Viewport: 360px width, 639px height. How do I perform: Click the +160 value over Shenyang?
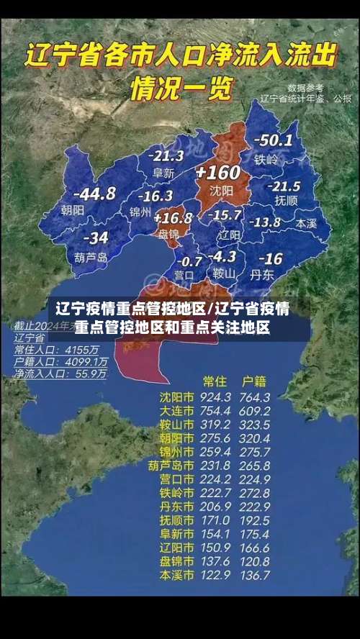pyautogui.click(x=217, y=173)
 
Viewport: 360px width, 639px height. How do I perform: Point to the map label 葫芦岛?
pyautogui.click(x=91, y=256)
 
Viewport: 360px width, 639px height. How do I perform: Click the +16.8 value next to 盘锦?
pyautogui.click(x=173, y=217)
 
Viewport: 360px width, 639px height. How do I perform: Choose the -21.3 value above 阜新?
pyautogui.click(x=166, y=155)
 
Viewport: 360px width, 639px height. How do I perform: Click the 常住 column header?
pyautogui.click(x=215, y=380)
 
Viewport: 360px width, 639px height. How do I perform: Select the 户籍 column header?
pyautogui.click(x=254, y=380)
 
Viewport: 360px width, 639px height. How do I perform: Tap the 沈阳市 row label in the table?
pyautogui.click(x=176, y=397)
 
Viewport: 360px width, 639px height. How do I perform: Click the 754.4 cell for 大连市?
pyautogui.click(x=216, y=411)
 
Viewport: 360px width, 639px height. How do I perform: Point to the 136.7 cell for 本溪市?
pyautogui.click(x=256, y=576)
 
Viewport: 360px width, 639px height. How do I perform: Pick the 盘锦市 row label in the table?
pyautogui.click(x=176, y=561)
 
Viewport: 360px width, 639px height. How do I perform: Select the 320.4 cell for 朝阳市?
pyautogui.click(x=256, y=438)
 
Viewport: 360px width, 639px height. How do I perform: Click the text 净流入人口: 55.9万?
pyautogui.click(x=62, y=374)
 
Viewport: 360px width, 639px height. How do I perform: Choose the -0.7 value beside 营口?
pyautogui.click(x=190, y=260)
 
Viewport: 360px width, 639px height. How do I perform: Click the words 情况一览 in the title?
pyautogui.click(x=181, y=89)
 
